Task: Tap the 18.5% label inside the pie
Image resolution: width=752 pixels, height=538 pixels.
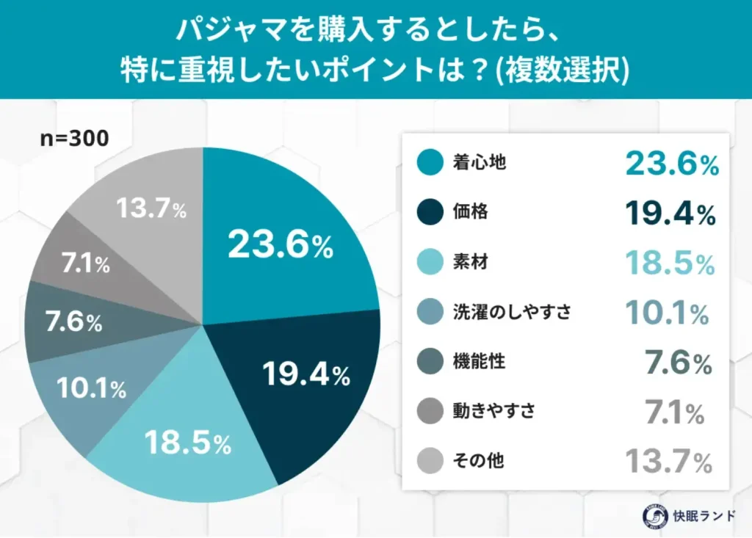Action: point(188,443)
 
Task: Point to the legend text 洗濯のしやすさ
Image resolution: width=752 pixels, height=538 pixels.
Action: point(512,312)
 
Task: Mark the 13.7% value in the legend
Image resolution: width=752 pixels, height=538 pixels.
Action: point(668,462)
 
